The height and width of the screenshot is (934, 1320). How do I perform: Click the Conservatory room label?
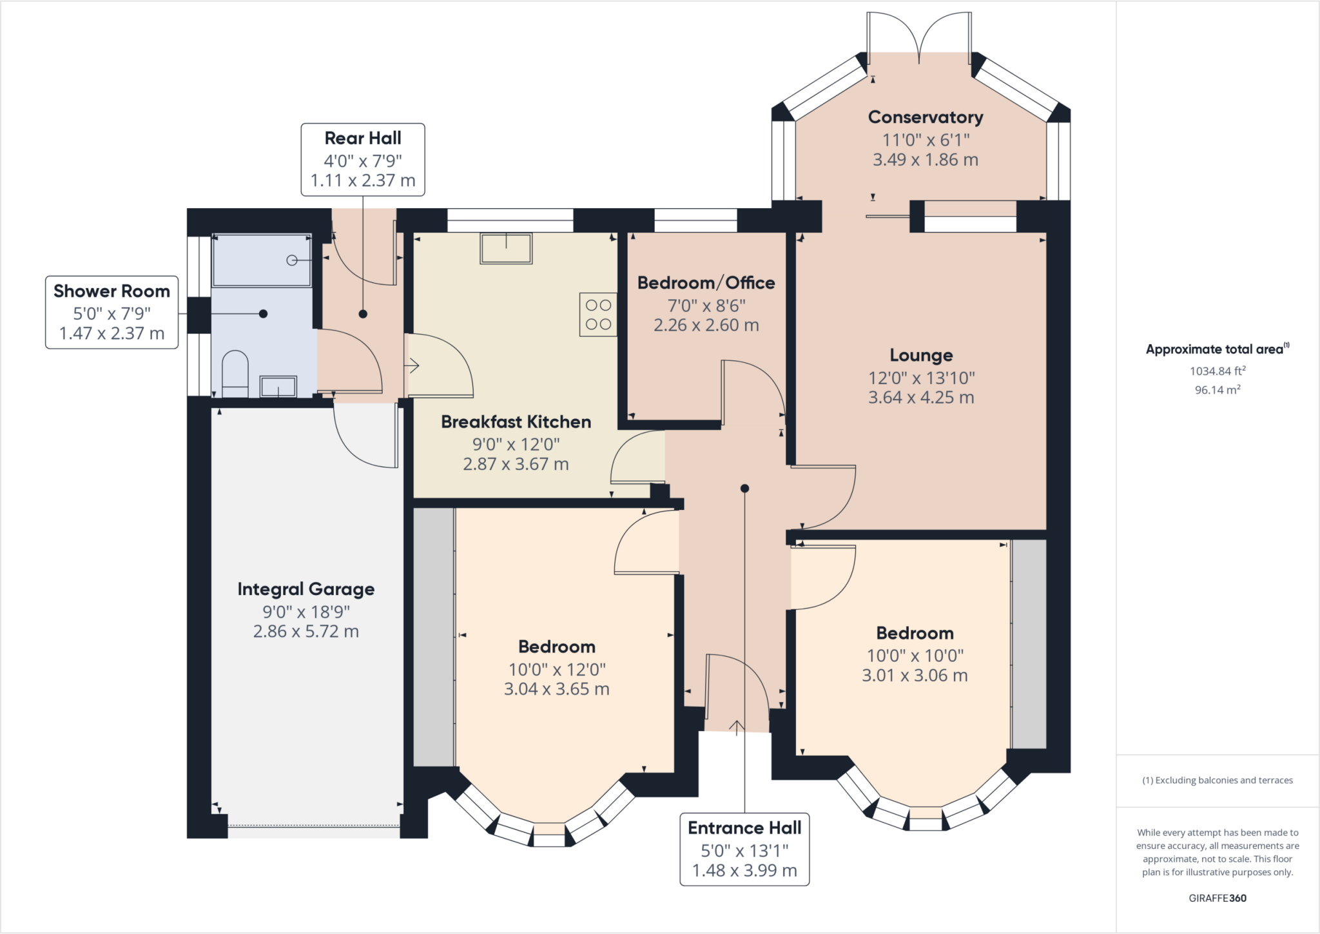click(x=926, y=117)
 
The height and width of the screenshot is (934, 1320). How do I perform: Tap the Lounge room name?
click(x=921, y=355)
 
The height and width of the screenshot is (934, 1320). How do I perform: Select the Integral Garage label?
click(x=306, y=589)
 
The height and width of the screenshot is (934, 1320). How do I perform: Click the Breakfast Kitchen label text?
click(x=516, y=422)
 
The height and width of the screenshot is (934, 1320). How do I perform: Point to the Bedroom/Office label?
click(x=706, y=282)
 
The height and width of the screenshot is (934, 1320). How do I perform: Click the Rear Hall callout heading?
click(x=363, y=138)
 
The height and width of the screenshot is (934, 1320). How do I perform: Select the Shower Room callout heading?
click(x=112, y=291)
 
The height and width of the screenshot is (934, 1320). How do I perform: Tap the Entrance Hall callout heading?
click(x=744, y=828)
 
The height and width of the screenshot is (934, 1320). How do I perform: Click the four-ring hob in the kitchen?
click(x=598, y=315)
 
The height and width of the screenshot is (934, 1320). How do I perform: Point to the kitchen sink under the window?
click(x=506, y=248)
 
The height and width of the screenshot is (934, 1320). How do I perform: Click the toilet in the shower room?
click(x=235, y=374)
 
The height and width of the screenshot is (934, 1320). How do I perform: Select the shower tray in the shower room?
click(x=262, y=260)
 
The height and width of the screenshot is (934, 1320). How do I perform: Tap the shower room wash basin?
click(x=278, y=387)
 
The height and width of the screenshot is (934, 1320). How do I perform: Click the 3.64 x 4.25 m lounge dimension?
click(x=921, y=397)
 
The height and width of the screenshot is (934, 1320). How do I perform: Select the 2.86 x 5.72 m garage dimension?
click(x=306, y=631)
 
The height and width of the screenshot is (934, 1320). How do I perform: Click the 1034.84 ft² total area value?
click(x=1218, y=371)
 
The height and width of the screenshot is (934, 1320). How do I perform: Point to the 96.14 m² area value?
click(x=1218, y=389)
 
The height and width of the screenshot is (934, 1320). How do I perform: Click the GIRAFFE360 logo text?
click(x=1218, y=898)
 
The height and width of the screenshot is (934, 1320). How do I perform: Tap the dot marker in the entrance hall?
click(x=744, y=489)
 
